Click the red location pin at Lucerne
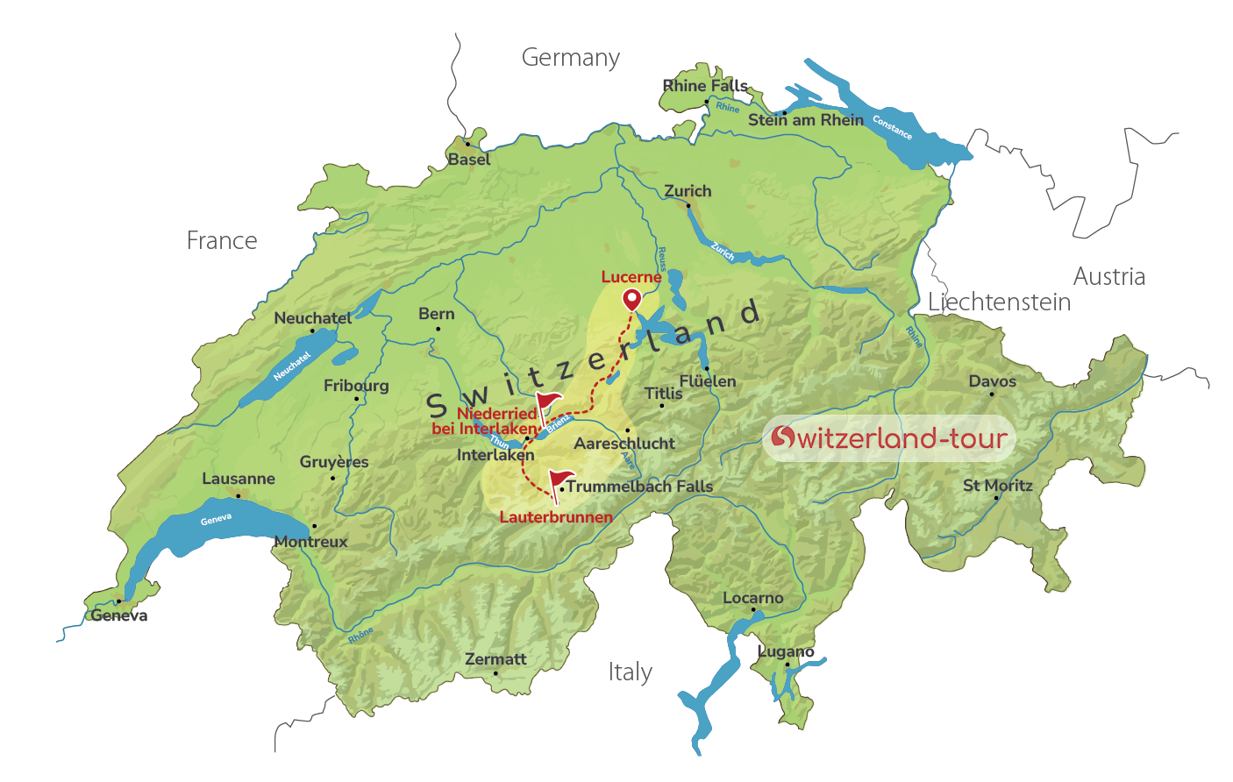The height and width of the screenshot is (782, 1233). tap(631, 300)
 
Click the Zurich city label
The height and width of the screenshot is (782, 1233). tap(688, 191)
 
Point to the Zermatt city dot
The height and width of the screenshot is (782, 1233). tap(495, 673)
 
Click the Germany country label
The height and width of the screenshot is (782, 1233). tap(570, 58)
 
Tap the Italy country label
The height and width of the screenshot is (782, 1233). tap(630, 672)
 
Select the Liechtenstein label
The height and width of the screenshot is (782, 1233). tap(999, 302)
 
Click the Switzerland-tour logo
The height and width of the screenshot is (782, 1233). tap(888, 438)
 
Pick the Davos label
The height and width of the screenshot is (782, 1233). tap(992, 381)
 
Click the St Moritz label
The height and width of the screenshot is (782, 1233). tap(997, 485)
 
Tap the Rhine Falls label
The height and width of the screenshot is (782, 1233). tap(705, 86)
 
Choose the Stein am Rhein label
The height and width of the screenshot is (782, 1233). tap(805, 120)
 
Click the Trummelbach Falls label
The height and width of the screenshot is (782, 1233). tap(639, 487)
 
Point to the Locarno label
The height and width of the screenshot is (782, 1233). tap(752, 598)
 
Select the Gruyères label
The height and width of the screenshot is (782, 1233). tap(333, 462)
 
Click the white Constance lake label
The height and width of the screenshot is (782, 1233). tap(892, 128)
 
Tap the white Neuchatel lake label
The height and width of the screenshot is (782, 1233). tap(292, 366)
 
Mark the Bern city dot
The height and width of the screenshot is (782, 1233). tap(438, 329)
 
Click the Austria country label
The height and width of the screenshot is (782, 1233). tap(1108, 277)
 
